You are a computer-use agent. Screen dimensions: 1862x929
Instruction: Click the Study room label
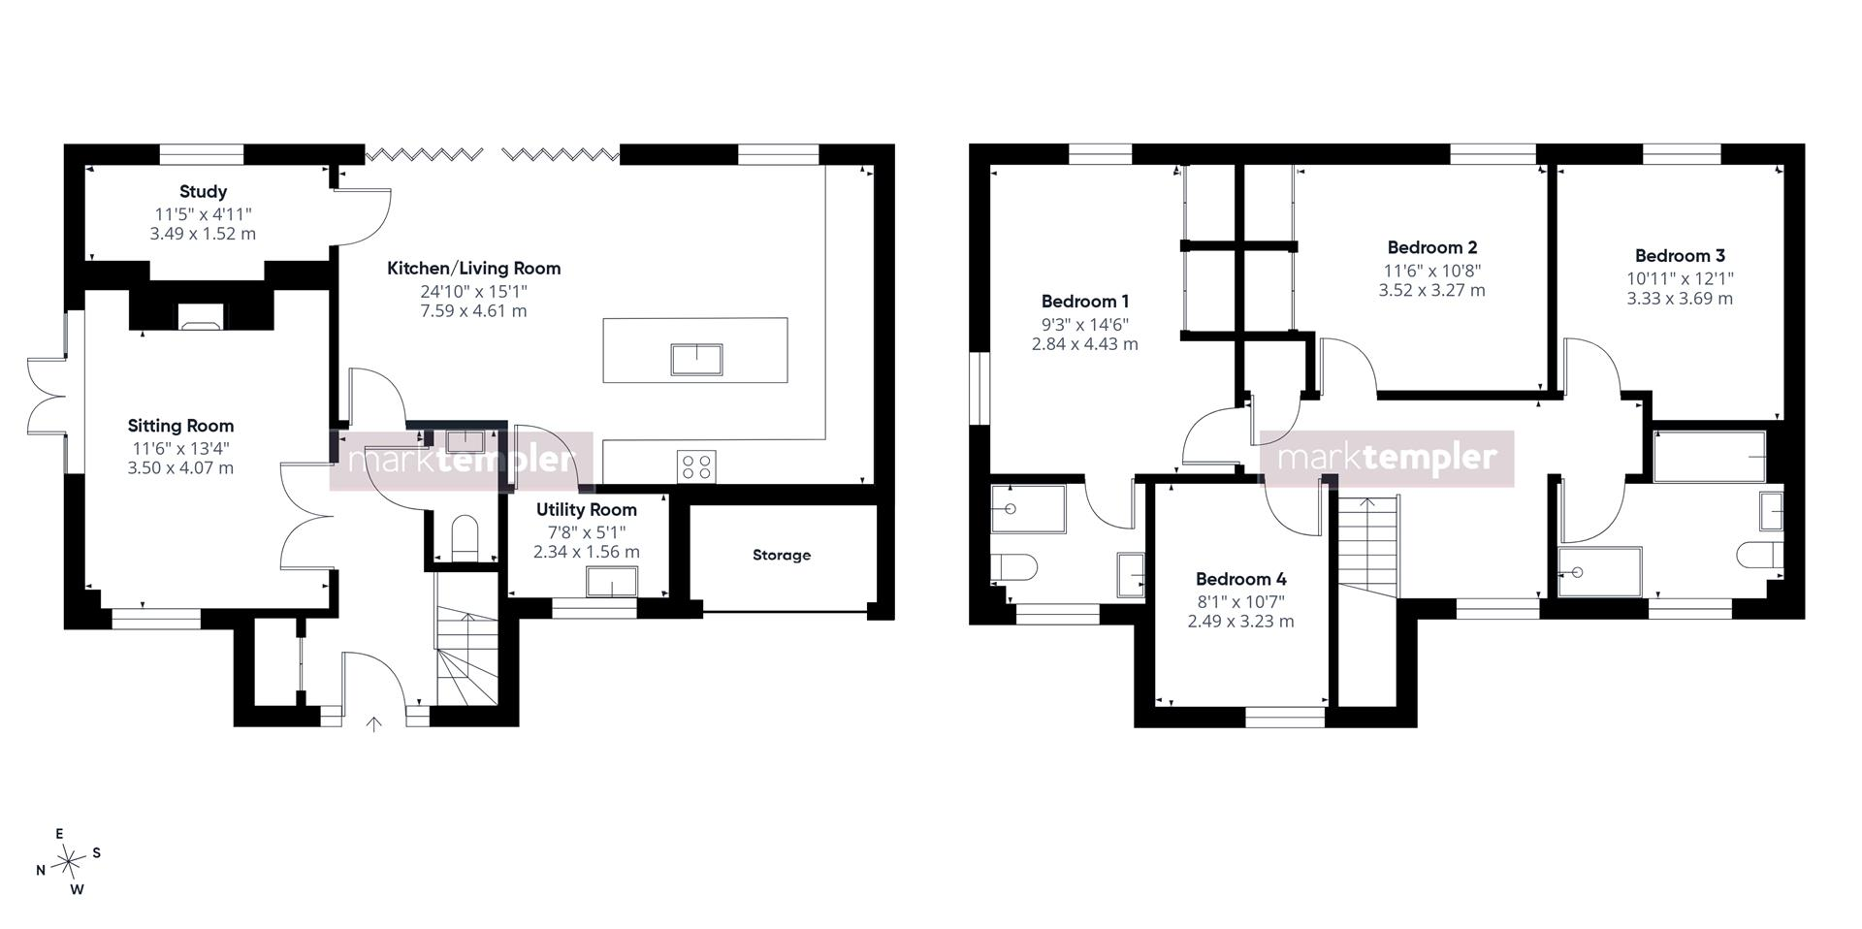[203, 192]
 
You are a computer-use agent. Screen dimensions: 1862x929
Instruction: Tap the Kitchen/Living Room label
[473, 269]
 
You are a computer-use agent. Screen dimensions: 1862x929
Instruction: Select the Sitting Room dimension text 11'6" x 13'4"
[181, 448]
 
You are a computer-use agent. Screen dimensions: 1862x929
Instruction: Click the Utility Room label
[587, 510]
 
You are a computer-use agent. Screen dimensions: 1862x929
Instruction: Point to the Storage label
[782, 556]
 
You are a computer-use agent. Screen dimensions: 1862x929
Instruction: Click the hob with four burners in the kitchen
[696, 465]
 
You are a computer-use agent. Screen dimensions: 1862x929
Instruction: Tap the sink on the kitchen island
[696, 359]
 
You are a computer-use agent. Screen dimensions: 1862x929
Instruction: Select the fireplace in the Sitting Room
[202, 316]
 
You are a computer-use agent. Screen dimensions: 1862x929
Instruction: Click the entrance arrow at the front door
[374, 723]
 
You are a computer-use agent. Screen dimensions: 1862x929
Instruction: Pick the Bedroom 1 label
[1085, 302]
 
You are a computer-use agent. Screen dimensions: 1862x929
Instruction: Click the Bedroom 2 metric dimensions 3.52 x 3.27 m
[1431, 290]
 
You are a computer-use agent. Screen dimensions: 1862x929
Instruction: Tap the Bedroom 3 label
[1680, 256]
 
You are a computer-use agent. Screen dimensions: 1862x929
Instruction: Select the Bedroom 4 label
[1240, 580]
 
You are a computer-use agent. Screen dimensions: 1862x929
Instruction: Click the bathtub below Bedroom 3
[1709, 456]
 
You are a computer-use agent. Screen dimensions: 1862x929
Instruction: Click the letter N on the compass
[41, 871]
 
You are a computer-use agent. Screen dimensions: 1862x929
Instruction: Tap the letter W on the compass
[78, 890]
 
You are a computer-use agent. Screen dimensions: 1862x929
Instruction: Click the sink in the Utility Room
[612, 581]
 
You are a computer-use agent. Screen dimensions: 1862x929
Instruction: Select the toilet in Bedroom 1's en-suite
[1013, 566]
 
